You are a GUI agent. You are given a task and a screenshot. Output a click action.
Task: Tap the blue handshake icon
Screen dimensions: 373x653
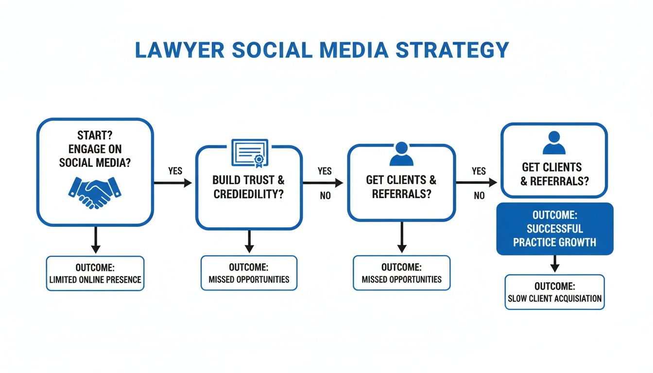95,191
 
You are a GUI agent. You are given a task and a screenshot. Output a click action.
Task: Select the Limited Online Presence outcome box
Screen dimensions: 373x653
95,273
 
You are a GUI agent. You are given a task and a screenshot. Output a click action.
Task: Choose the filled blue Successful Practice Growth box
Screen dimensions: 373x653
554,229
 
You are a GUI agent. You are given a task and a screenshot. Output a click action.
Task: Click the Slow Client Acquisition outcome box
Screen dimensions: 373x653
554,292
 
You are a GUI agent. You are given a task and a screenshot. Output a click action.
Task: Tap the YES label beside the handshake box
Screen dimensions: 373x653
175,171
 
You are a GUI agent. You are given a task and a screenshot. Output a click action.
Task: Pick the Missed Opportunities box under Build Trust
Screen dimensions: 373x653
249,273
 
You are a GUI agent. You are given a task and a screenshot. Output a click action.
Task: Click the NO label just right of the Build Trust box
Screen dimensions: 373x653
325,196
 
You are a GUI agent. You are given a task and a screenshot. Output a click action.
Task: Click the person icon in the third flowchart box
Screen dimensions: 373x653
401,154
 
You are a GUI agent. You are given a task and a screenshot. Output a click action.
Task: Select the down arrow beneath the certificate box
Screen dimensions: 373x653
249,242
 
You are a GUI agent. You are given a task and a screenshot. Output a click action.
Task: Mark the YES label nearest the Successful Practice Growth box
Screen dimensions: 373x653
479,171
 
